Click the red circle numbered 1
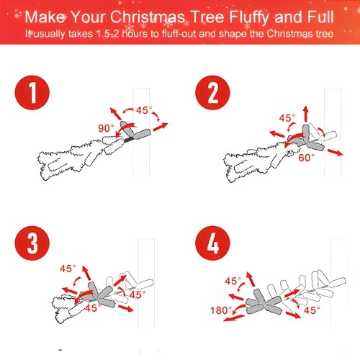point(32,93)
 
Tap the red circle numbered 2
point(212,93)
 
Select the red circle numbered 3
point(32,243)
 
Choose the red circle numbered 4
point(212,243)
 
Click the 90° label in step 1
point(106,128)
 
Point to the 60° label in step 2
point(306,158)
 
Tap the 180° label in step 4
point(221,310)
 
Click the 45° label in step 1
point(144,110)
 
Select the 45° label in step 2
point(287,118)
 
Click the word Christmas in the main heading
point(148,17)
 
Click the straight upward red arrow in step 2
point(305,113)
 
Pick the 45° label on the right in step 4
point(312,310)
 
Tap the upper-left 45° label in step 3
point(68,269)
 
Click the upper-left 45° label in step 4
point(233,281)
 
